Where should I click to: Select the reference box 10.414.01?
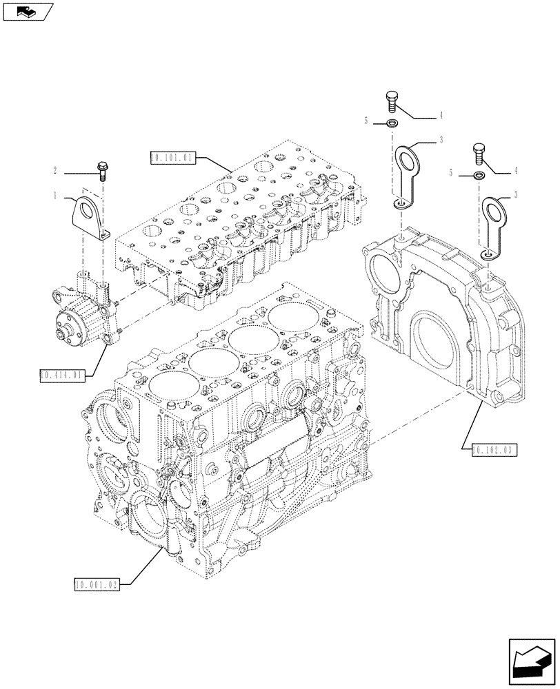[62, 376]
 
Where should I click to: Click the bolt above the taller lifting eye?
[393, 101]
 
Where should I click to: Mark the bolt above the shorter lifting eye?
[478, 153]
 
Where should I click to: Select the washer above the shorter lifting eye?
[478, 176]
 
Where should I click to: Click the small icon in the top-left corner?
[28, 10]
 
